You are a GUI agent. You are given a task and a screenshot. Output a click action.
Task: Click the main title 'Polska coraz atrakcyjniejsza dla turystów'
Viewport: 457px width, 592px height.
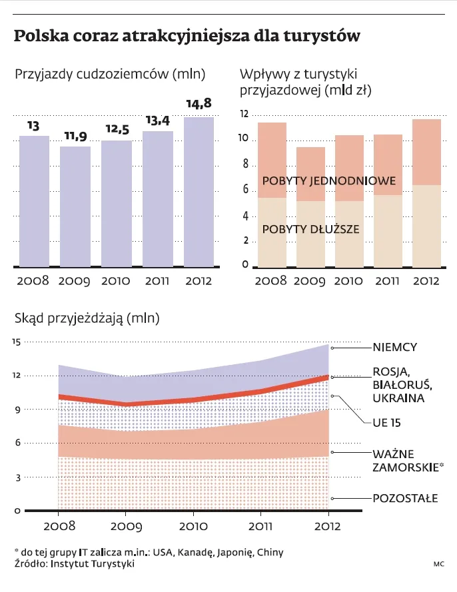pos(187,35)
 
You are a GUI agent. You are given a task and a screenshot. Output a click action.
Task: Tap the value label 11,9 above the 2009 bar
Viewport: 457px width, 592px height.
pos(75,137)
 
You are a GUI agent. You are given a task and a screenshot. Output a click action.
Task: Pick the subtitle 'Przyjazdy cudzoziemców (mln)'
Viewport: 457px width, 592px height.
pos(110,75)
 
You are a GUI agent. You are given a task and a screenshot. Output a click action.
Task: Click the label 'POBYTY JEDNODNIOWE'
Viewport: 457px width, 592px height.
pos(330,181)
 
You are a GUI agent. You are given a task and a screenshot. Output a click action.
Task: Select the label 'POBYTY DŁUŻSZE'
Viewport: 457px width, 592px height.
pos(311,230)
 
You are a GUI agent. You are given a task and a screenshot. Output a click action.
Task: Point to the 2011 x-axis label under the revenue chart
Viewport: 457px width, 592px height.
pos(387,281)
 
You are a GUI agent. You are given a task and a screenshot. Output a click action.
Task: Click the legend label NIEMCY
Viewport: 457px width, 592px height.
pos(395,347)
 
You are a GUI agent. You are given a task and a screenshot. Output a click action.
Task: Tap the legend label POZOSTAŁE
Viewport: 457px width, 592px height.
pos(405,497)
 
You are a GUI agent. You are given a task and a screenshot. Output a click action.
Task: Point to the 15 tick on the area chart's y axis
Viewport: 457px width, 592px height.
pos(16,342)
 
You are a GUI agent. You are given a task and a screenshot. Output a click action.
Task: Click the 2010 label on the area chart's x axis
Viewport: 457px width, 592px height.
pos(193,526)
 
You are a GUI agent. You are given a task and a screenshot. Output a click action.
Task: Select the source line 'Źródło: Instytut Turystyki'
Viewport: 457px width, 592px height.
pos(74,564)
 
